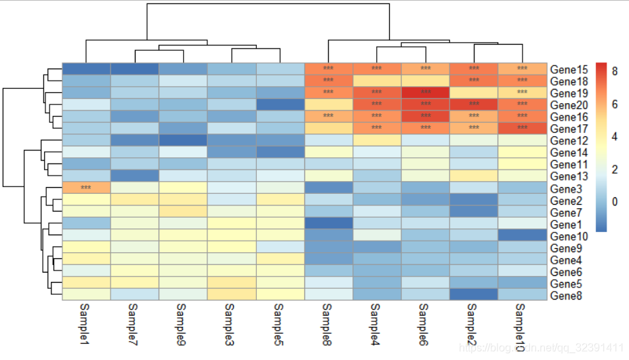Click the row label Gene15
569,69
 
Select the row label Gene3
566,188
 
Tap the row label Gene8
566,295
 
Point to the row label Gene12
569,140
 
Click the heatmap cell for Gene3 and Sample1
86,187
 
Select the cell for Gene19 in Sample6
425,92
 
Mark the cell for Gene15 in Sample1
86,68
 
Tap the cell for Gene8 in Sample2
474,294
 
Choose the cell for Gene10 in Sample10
522,235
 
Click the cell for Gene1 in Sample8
328,223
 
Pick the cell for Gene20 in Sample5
280,104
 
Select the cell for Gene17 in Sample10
522,128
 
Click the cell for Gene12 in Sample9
183,140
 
